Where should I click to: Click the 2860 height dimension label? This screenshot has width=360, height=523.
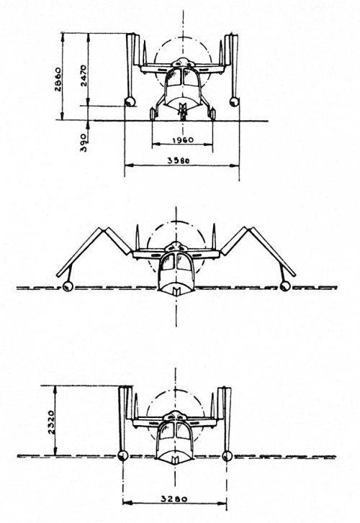click(x=58, y=80)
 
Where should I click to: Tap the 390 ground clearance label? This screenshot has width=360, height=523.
click(x=84, y=142)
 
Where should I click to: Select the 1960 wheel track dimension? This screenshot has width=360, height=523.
click(x=183, y=140)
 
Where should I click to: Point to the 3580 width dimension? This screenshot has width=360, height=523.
click(x=179, y=160)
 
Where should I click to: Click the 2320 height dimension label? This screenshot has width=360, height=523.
click(x=51, y=422)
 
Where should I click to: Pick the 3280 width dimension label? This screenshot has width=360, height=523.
click(x=174, y=499)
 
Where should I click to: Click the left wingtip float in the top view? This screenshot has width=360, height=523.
click(x=130, y=101)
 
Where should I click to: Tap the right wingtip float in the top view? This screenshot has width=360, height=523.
click(x=235, y=101)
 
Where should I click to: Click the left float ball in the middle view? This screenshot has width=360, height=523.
click(x=68, y=286)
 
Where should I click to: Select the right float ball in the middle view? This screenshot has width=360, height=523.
click(x=285, y=286)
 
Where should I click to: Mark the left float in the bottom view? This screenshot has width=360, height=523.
click(x=123, y=455)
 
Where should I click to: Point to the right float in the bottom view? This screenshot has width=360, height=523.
click(x=227, y=455)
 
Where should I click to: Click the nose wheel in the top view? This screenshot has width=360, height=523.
click(x=182, y=112)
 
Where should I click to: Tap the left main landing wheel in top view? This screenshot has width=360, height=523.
click(x=154, y=114)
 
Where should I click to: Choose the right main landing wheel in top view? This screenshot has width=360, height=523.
click(x=212, y=114)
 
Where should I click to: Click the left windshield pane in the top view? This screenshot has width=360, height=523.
click(x=174, y=78)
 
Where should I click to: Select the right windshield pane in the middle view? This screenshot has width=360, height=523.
click(x=184, y=262)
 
